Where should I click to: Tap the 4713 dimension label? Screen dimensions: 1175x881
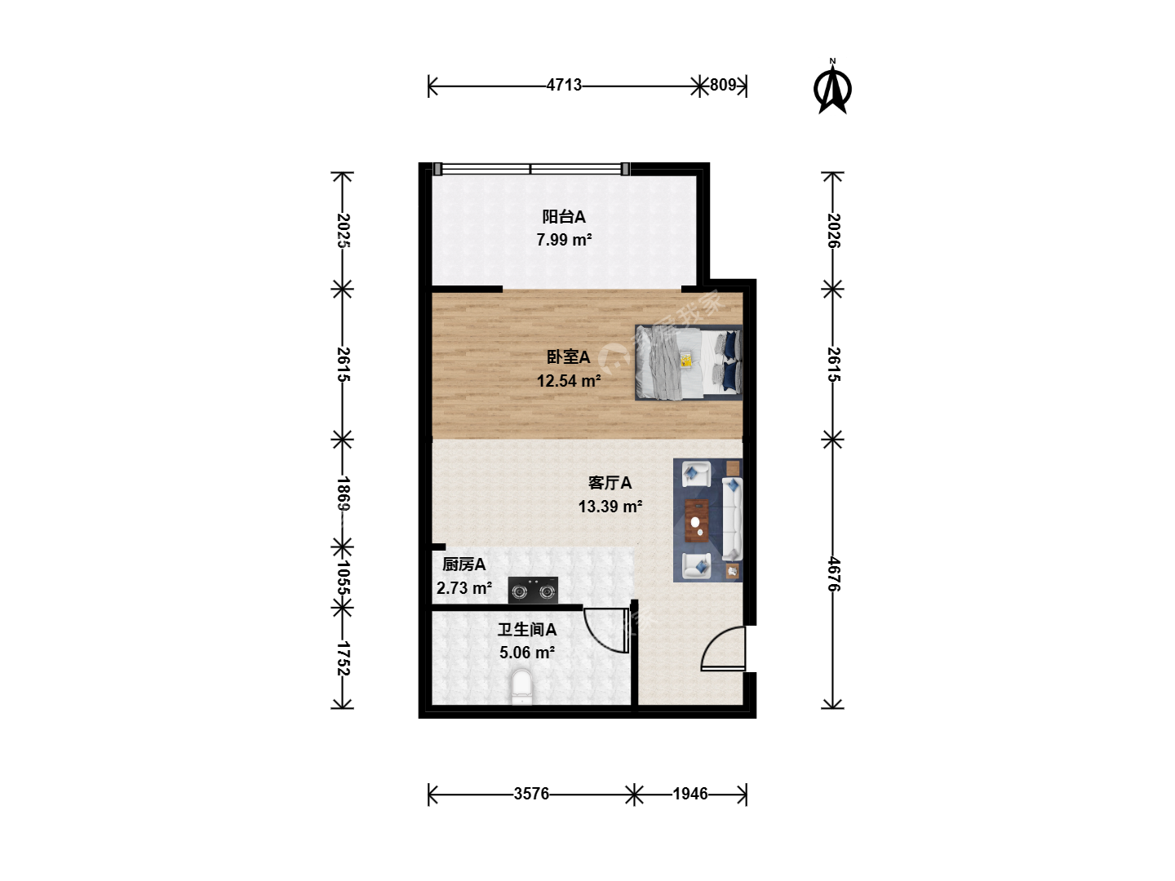tap(564, 85)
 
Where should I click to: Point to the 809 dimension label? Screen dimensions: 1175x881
tap(723, 85)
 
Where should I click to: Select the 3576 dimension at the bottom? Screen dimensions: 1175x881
tap(531, 794)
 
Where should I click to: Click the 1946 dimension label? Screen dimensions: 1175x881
tap(690, 794)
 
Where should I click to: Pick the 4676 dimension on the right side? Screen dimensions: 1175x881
tap(834, 574)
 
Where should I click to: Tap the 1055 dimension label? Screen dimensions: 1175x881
tap(344, 578)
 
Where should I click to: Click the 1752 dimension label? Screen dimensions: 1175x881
tap(344, 658)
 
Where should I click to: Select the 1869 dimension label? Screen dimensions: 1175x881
tap(344, 494)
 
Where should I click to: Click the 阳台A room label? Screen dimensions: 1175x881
tap(564, 217)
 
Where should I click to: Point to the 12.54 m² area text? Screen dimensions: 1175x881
tap(569, 381)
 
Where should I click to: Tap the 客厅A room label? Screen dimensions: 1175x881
tap(610, 483)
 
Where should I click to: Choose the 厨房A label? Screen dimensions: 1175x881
tap(463, 564)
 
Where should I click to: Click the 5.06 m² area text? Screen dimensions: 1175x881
tap(527, 653)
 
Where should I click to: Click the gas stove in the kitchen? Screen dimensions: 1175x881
tap(533, 591)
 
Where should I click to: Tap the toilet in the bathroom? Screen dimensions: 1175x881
tap(522, 687)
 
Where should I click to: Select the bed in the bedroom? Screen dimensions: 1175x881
tap(689, 363)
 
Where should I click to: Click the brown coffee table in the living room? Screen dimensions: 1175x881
tap(697, 520)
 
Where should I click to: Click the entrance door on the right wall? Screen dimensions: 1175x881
tap(723, 649)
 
